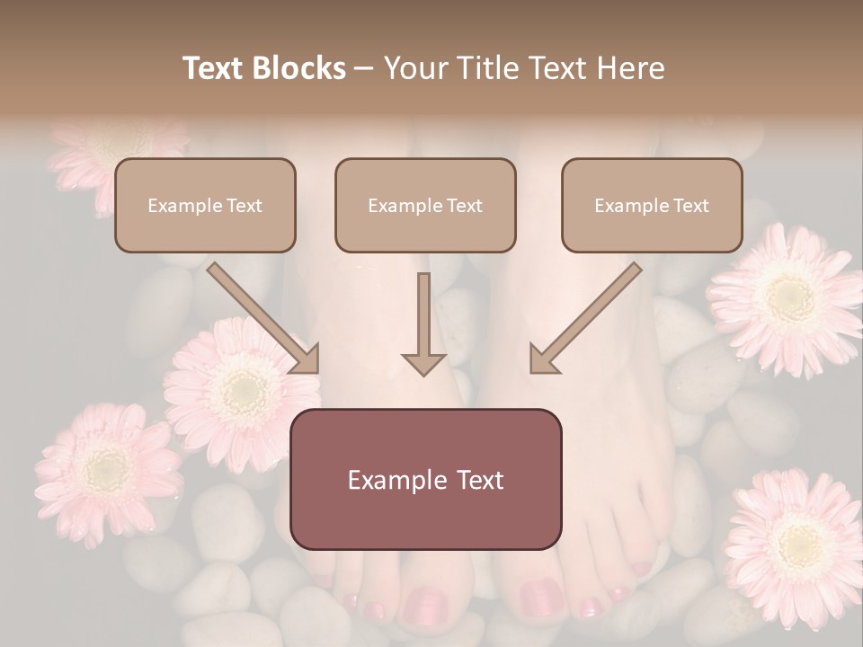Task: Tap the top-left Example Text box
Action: [205, 206]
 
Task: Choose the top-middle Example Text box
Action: [425, 206]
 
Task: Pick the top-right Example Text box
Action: [652, 206]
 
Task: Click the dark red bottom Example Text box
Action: [425, 479]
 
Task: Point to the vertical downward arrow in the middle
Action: [423, 323]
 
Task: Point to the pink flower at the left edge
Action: [105, 467]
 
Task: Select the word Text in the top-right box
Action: [690, 206]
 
